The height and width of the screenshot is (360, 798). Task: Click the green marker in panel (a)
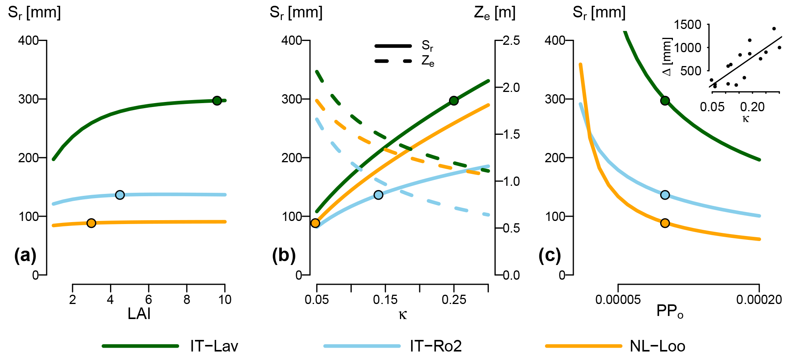point(217,100)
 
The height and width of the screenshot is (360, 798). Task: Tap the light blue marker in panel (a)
point(120,195)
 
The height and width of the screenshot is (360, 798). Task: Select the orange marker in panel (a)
point(91,223)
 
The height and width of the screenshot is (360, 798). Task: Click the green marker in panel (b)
point(454,101)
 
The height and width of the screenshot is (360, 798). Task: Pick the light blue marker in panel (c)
point(665,195)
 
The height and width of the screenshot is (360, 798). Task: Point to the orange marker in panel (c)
point(665,223)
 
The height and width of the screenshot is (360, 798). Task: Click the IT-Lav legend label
point(214,346)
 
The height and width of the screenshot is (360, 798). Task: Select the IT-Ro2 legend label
point(436,346)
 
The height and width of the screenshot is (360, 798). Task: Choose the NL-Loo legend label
point(657,346)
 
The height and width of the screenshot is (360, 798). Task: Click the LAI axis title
point(139,314)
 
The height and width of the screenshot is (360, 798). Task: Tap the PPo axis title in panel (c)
point(670,311)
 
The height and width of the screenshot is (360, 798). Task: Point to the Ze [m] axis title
point(495,13)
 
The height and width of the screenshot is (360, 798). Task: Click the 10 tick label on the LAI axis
point(225,299)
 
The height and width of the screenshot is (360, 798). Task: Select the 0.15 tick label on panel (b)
point(385,299)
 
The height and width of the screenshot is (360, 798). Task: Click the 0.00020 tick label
point(759,299)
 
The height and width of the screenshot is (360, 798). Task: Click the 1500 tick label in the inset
point(688,25)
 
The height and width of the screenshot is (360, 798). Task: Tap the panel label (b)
point(284,255)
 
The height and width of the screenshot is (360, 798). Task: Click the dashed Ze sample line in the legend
point(393,61)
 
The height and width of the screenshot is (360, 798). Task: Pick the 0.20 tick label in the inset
point(752,107)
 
